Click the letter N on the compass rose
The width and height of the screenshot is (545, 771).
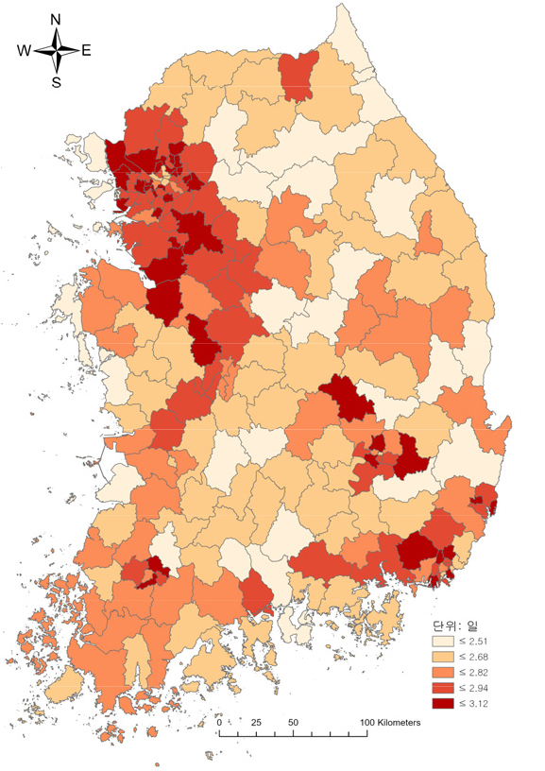[56, 19]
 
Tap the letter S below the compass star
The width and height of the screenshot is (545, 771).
[56, 82]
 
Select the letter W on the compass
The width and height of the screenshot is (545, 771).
[24, 51]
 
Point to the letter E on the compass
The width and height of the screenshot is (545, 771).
[86, 51]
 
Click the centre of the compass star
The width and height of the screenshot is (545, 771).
[56, 51]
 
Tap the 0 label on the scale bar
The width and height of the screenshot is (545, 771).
[220, 723]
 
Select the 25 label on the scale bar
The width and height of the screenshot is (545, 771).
[255, 723]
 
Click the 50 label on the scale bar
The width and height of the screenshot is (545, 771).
[293, 723]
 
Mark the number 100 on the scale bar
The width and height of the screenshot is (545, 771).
[366, 723]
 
